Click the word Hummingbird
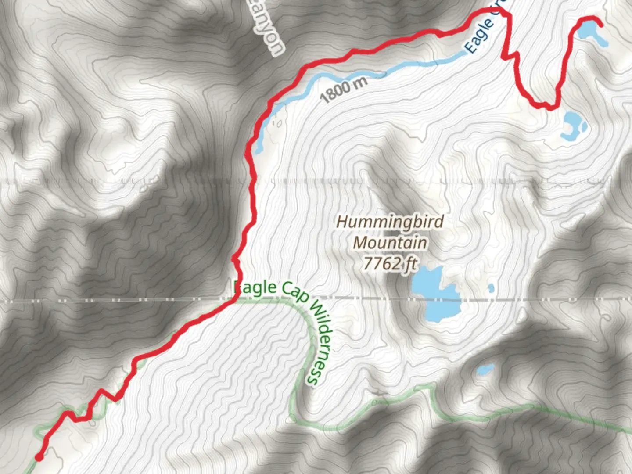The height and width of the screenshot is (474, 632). pos(390,222)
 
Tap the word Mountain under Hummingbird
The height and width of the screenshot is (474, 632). pos(390,242)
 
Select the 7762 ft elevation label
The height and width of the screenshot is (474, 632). pos(390,263)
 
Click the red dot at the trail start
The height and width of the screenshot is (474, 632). pos(39,458)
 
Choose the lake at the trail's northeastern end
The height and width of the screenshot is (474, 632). pos(588,32)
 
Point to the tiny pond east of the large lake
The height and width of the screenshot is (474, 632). pos(491,288)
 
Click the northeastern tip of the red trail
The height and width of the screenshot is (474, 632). pos(600,24)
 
